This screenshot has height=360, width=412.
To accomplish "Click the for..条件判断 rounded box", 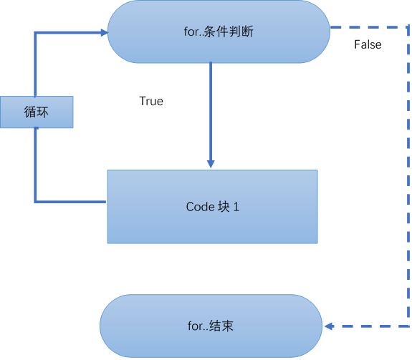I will [x=218, y=31].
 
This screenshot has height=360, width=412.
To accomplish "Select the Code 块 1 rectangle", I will [x=212, y=207].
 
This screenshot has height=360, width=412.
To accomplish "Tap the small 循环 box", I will [x=37, y=112].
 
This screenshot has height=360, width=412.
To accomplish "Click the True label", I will [x=151, y=102].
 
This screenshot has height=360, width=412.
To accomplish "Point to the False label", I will [x=368, y=45].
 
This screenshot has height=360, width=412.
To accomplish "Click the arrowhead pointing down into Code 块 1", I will [x=211, y=163].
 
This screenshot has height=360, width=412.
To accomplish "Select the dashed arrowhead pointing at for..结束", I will [x=330, y=326].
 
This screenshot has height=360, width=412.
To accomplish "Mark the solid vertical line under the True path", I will [x=211, y=107].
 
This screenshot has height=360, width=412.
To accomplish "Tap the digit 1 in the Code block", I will [x=236, y=207].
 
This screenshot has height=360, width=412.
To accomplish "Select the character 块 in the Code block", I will [x=223, y=207].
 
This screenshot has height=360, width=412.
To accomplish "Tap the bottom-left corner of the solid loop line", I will [x=36, y=202].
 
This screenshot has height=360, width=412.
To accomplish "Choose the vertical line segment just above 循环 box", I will [x=36, y=64].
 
